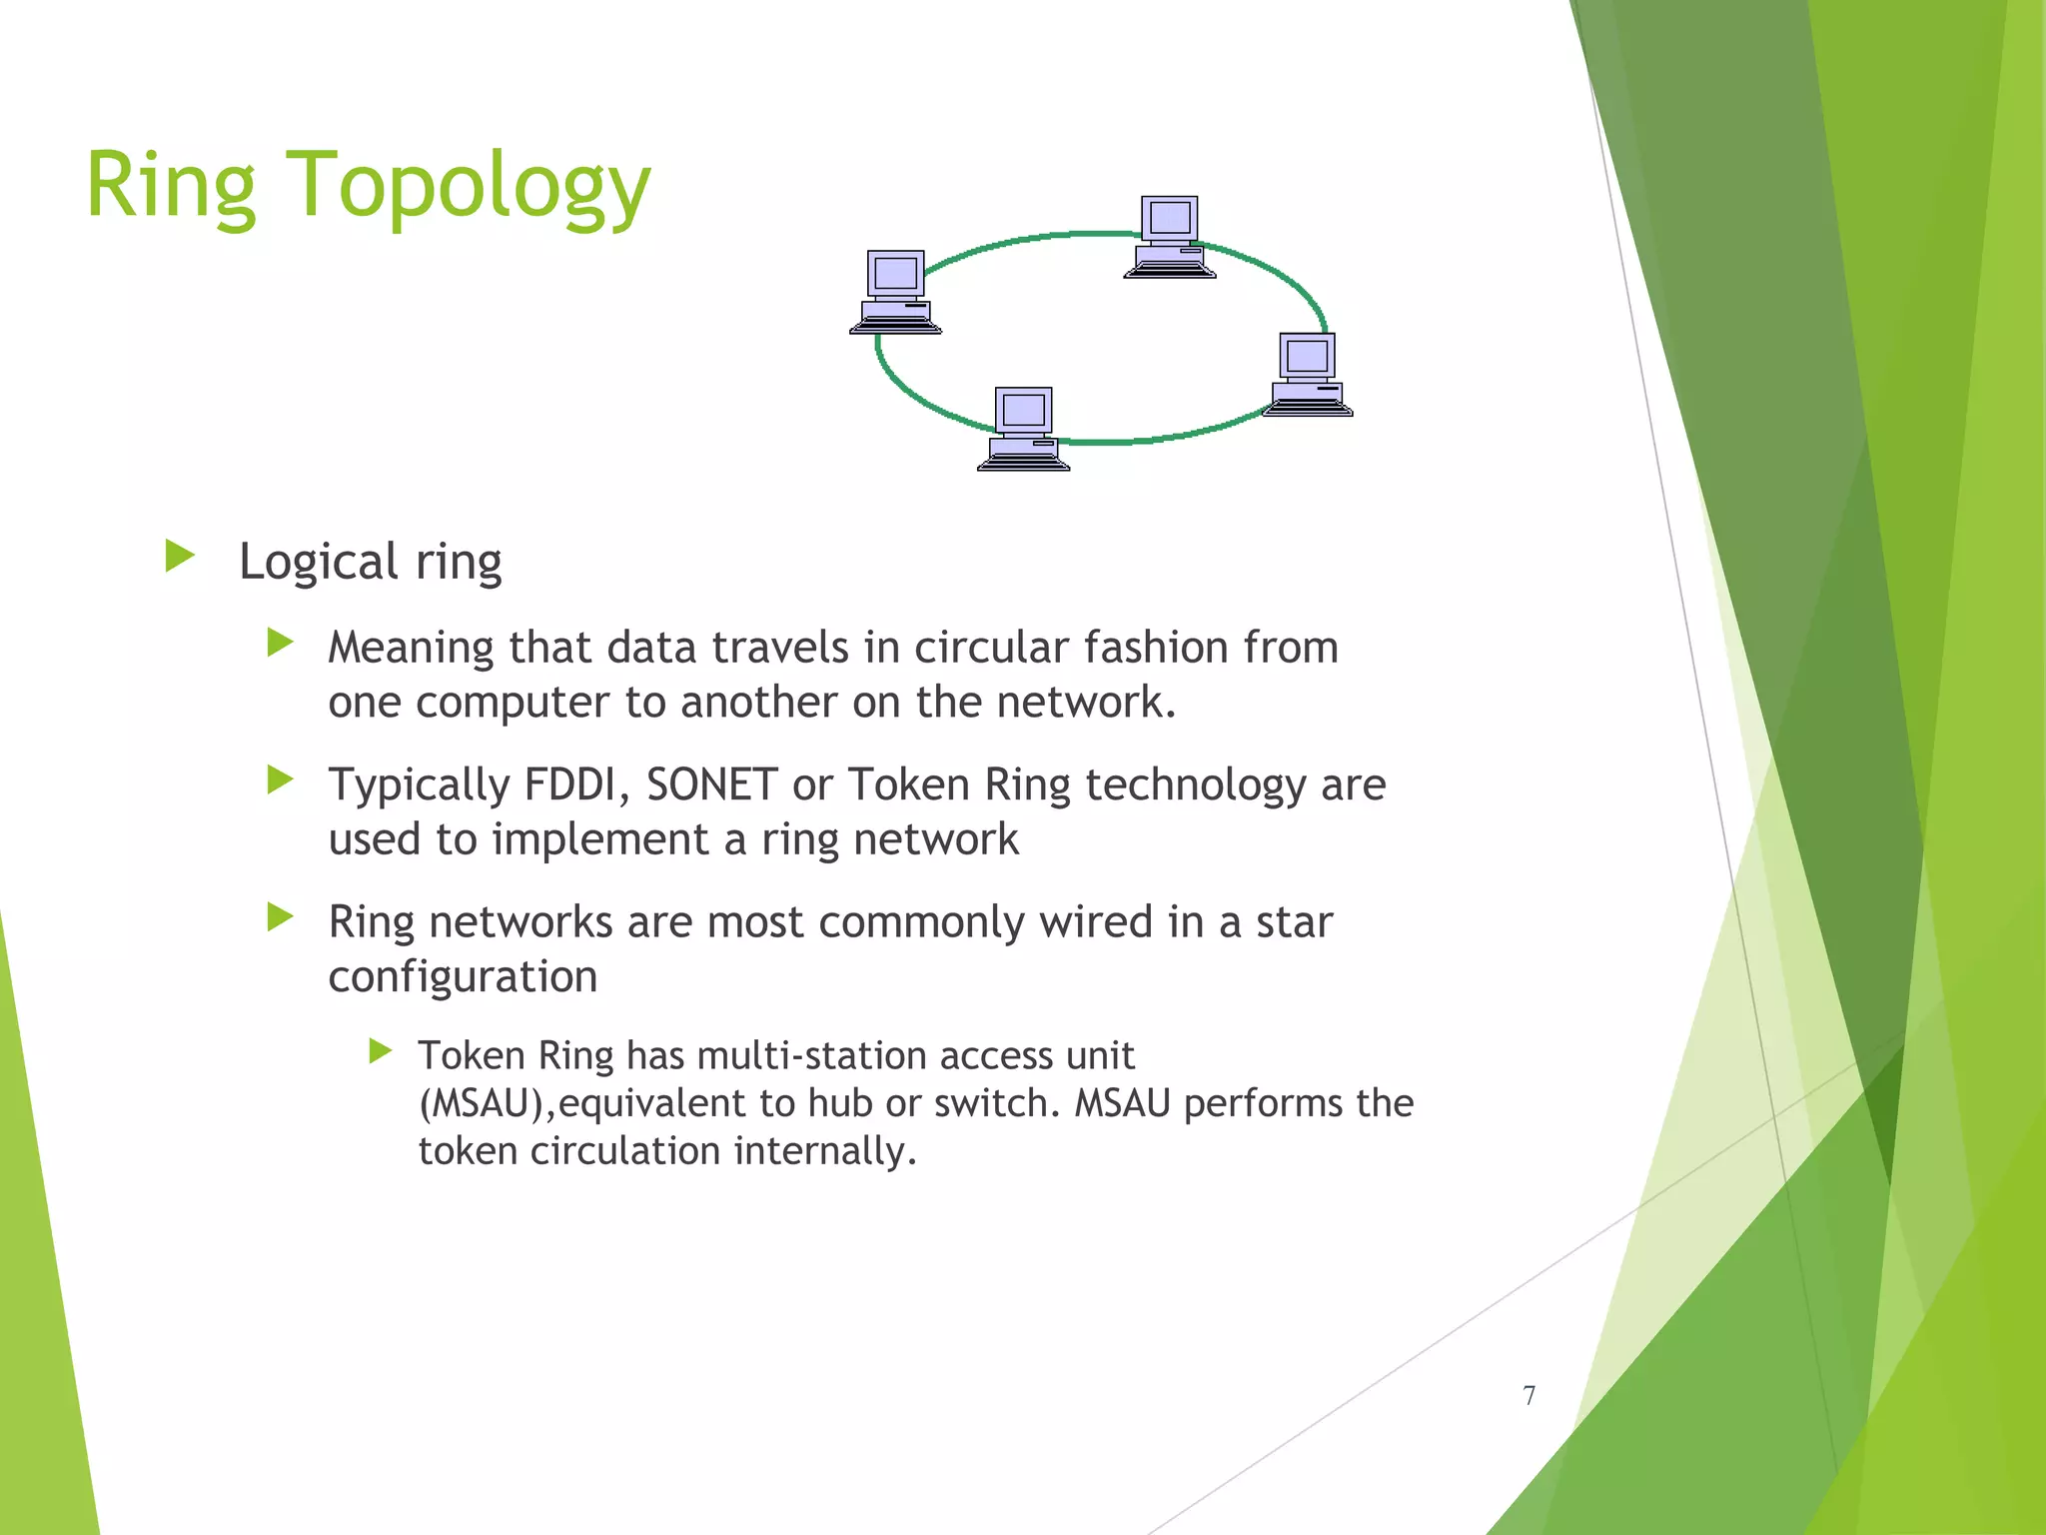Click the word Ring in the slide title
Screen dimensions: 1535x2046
tap(171, 187)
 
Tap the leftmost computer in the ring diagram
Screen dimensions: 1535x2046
tap(895, 292)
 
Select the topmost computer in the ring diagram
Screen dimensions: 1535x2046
tap(1169, 237)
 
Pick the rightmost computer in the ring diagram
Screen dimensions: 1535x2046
tap(1307, 375)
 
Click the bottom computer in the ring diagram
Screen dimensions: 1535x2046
tap(1023, 429)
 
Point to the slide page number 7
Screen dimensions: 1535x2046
tap(1529, 1395)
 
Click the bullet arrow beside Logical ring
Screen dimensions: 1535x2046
tap(180, 557)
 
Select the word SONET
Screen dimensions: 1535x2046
tap(711, 784)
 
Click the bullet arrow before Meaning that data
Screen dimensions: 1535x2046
tap(281, 643)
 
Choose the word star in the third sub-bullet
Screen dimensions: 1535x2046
tap(1294, 921)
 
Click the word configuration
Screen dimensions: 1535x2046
tap(463, 976)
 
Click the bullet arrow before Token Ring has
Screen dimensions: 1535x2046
tap(380, 1050)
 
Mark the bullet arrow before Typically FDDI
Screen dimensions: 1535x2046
tap(281, 779)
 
